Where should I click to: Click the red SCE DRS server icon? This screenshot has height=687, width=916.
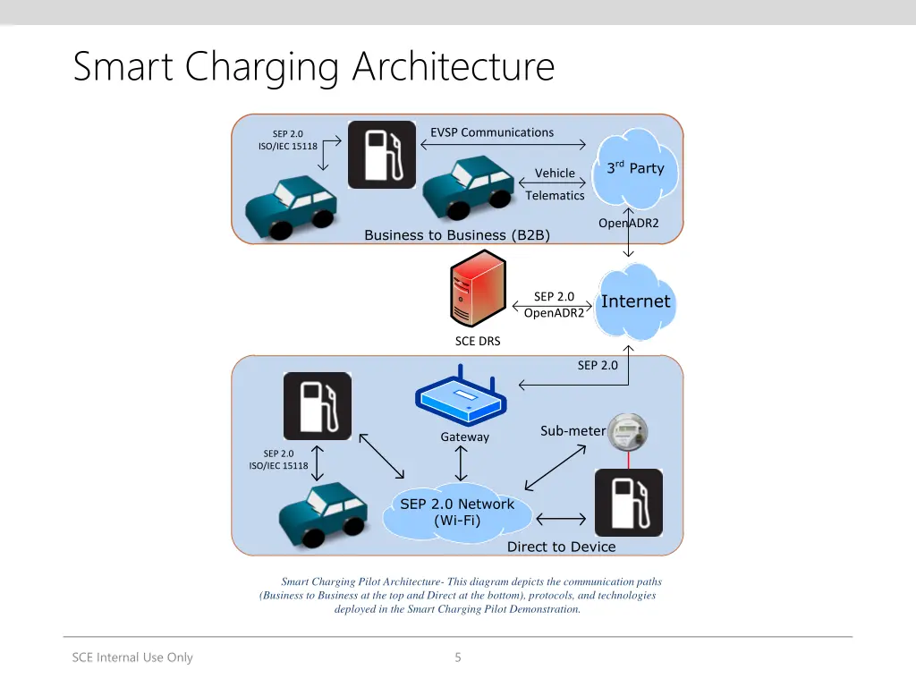[478, 288]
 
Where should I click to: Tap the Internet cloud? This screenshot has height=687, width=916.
[636, 302]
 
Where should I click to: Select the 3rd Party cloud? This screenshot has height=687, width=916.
[635, 168]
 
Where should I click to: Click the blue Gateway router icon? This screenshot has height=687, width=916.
[461, 395]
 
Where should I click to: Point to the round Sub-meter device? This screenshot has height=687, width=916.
[627, 432]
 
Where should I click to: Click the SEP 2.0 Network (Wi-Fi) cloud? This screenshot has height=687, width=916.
[457, 512]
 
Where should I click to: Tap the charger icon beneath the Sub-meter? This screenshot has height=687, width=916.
[629, 503]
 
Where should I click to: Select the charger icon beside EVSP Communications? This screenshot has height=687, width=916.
[382, 155]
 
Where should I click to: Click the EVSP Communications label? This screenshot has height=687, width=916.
[492, 132]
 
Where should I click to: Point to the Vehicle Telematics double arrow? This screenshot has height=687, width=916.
[552, 182]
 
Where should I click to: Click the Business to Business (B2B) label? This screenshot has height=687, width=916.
[457, 235]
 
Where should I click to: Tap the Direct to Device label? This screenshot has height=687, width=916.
[562, 547]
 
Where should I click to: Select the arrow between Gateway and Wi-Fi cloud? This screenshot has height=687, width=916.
[461, 463]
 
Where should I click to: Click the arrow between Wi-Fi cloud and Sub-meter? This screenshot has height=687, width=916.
[555, 467]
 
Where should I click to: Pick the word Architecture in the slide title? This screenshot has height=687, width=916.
[454, 66]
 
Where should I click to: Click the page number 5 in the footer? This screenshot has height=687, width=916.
[458, 657]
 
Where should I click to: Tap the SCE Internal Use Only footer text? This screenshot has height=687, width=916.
[132, 657]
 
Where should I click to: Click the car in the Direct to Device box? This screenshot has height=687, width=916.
[324, 514]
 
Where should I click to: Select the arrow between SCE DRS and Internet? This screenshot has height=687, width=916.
[552, 306]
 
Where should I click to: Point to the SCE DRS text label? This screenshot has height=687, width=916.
[478, 341]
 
